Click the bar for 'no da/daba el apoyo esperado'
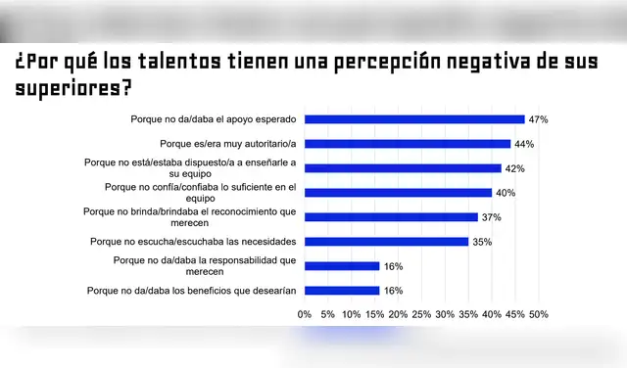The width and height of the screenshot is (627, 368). (413, 119)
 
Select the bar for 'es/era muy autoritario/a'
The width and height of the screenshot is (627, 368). (407, 144)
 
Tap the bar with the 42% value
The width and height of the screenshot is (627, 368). (402, 168)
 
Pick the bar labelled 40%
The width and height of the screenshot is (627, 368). (398, 193)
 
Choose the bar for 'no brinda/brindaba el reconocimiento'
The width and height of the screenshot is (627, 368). (390, 217)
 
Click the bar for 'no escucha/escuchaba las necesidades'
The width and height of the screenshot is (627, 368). (386, 241)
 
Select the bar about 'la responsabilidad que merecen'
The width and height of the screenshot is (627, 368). (341, 265)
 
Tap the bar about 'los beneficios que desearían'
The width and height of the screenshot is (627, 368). (341, 290)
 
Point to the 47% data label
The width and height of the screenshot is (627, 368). (538, 119)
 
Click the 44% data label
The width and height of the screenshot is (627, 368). (524, 144)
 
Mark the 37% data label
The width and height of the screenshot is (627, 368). (491, 217)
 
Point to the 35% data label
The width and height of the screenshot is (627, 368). (481, 241)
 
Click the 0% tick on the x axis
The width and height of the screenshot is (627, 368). (304, 314)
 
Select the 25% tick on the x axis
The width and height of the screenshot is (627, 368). (421, 314)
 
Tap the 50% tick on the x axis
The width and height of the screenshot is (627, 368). (538, 314)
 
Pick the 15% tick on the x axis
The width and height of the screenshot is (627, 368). (374, 314)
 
